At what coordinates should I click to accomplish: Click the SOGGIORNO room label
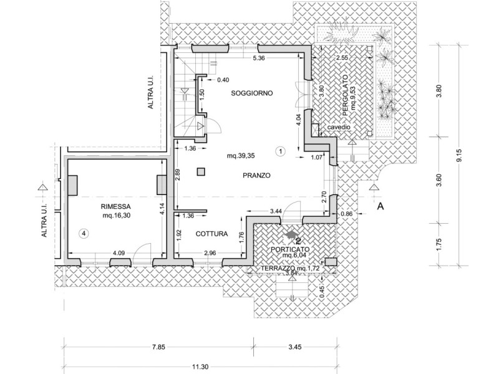click(252, 93)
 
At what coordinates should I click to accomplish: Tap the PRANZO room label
click(256, 175)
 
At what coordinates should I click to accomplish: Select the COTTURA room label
click(211, 234)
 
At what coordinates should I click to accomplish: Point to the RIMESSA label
click(116, 206)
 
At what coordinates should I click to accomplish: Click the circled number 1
click(280, 151)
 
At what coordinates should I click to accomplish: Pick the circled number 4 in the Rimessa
click(84, 234)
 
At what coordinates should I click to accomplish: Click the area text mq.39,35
click(241, 156)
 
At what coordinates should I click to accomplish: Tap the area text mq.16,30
click(117, 215)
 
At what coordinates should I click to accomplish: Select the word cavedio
click(339, 127)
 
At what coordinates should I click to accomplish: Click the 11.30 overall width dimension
click(200, 367)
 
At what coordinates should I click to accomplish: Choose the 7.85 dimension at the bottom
click(158, 347)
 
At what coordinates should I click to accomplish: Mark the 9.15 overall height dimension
click(458, 155)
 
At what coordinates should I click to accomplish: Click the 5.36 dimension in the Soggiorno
click(258, 58)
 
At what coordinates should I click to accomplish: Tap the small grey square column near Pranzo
click(201, 172)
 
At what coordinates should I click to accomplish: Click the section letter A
click(380, 206)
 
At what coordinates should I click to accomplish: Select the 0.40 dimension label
click(223, 80)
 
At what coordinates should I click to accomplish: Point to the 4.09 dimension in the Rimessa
click(119, 253)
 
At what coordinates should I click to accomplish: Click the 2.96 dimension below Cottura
click(210, 253)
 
